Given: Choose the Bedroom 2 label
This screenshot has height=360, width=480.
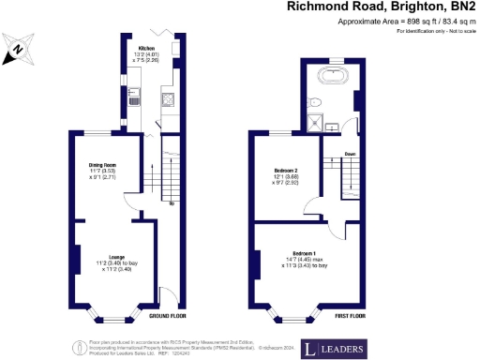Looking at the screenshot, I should coord(284,173).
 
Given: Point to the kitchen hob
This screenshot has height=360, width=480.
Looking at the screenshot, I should coord(167,97).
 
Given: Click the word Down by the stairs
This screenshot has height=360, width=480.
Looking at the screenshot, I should coord(349,154).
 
